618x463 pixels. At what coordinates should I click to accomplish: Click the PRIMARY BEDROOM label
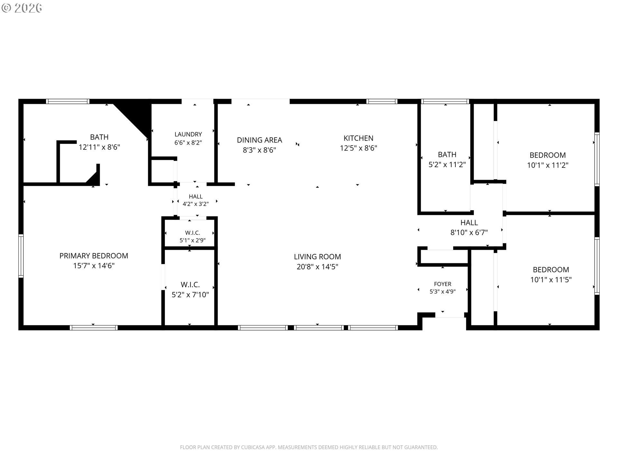94,256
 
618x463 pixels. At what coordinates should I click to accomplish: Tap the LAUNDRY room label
188,134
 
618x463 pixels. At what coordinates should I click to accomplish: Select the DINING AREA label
259,140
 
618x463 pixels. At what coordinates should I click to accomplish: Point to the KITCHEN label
359,138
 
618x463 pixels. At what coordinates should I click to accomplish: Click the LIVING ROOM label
317,257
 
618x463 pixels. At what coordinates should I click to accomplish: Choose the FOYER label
443,284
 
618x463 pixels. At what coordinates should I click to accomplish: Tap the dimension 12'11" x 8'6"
99,147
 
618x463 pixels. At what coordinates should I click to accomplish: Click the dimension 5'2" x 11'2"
447,165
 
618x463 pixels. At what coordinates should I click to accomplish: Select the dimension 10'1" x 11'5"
551,280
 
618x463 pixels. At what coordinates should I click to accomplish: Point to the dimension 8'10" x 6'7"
469,232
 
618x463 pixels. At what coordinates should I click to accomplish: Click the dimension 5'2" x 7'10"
190,295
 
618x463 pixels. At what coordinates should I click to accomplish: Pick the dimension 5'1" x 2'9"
192,240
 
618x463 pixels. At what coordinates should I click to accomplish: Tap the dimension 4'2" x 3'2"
196,204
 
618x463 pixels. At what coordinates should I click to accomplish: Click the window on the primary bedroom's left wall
21,256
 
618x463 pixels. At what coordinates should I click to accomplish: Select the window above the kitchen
382,101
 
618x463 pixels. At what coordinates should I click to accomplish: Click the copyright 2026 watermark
22,8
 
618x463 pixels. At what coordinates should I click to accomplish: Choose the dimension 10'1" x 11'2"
548,165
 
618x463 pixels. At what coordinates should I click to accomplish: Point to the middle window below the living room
319,328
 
